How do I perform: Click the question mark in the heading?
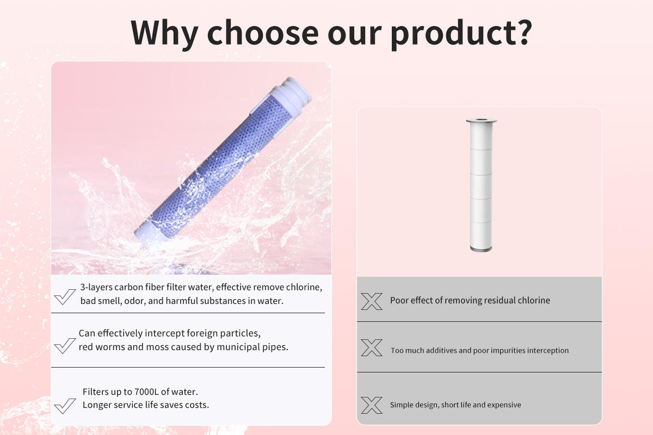coord(522,32)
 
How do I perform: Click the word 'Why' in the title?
coord(164,34)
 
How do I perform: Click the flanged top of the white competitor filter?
coord(481,121)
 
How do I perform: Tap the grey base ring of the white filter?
coord(481,248)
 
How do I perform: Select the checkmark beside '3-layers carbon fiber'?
coord(65,296)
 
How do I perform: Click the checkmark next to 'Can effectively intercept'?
coord(65,346)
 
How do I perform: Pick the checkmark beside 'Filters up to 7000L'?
coord(65,406)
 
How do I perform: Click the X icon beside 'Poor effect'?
coord(372,301)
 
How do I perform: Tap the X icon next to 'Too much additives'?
coord(372,347)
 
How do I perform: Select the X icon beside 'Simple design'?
coord(372,405)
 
